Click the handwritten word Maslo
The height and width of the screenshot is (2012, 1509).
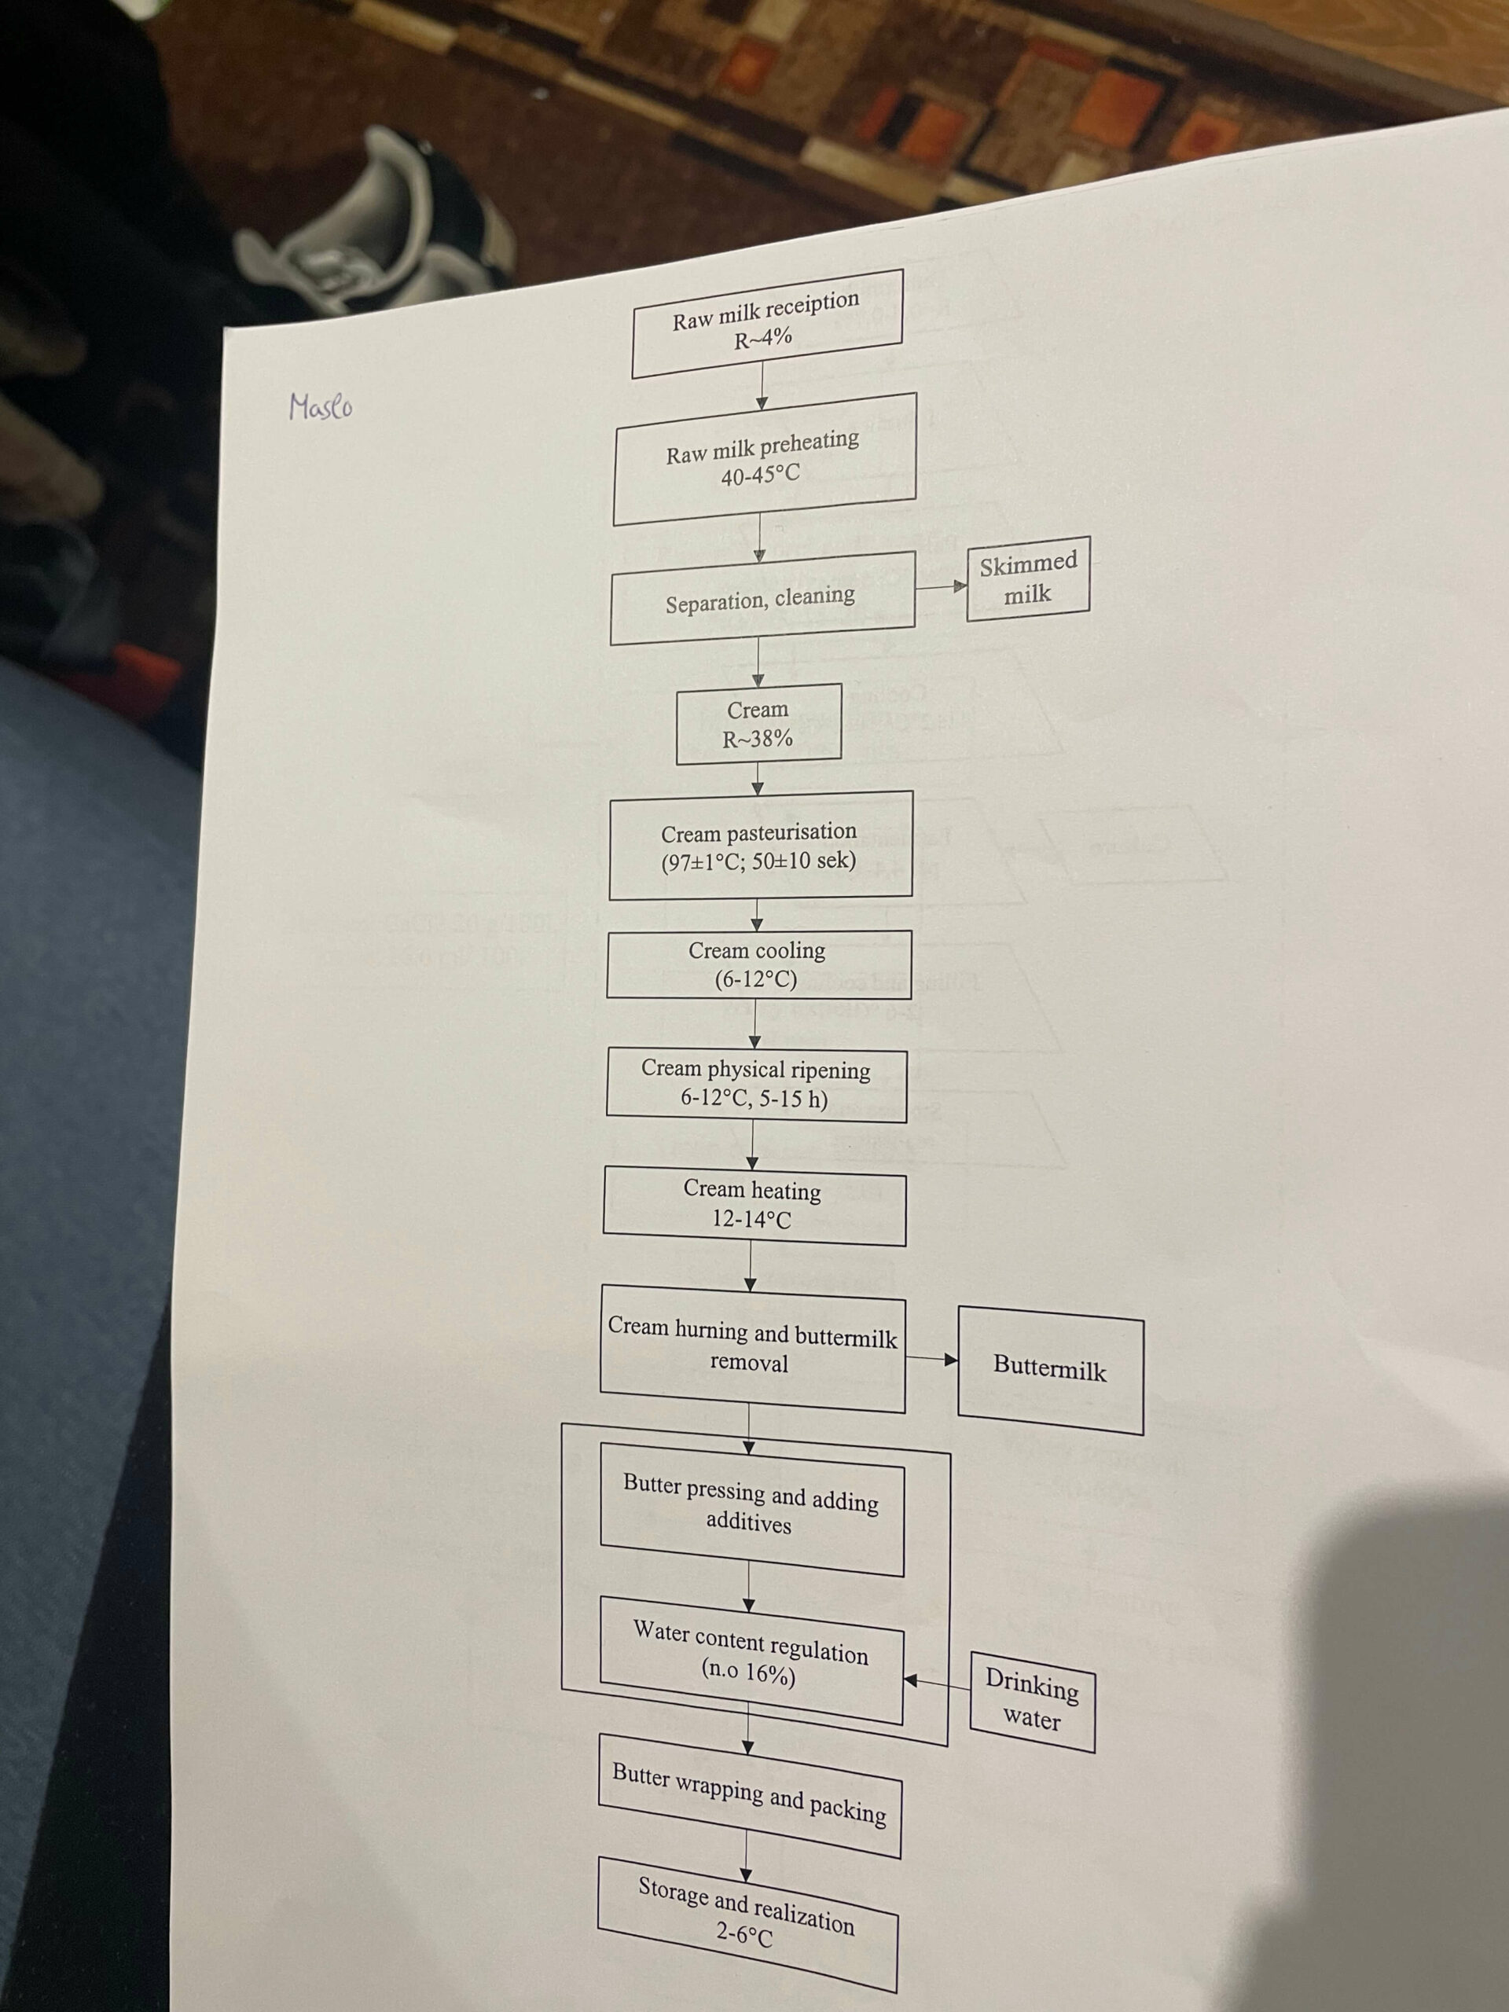point(320,406)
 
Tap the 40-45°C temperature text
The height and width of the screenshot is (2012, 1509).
point(761,474)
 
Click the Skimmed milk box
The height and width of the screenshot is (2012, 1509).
point(1028,578)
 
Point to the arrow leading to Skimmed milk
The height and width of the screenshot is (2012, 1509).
point(942,586)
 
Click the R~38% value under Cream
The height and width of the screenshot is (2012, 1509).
point(758,739)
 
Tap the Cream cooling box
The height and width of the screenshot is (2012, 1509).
point(758,964)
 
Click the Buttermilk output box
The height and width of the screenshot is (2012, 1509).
point(1050,1369)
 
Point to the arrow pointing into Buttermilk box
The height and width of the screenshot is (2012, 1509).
point(932,1359)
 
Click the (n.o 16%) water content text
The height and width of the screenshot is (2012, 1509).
point(748,1672)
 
